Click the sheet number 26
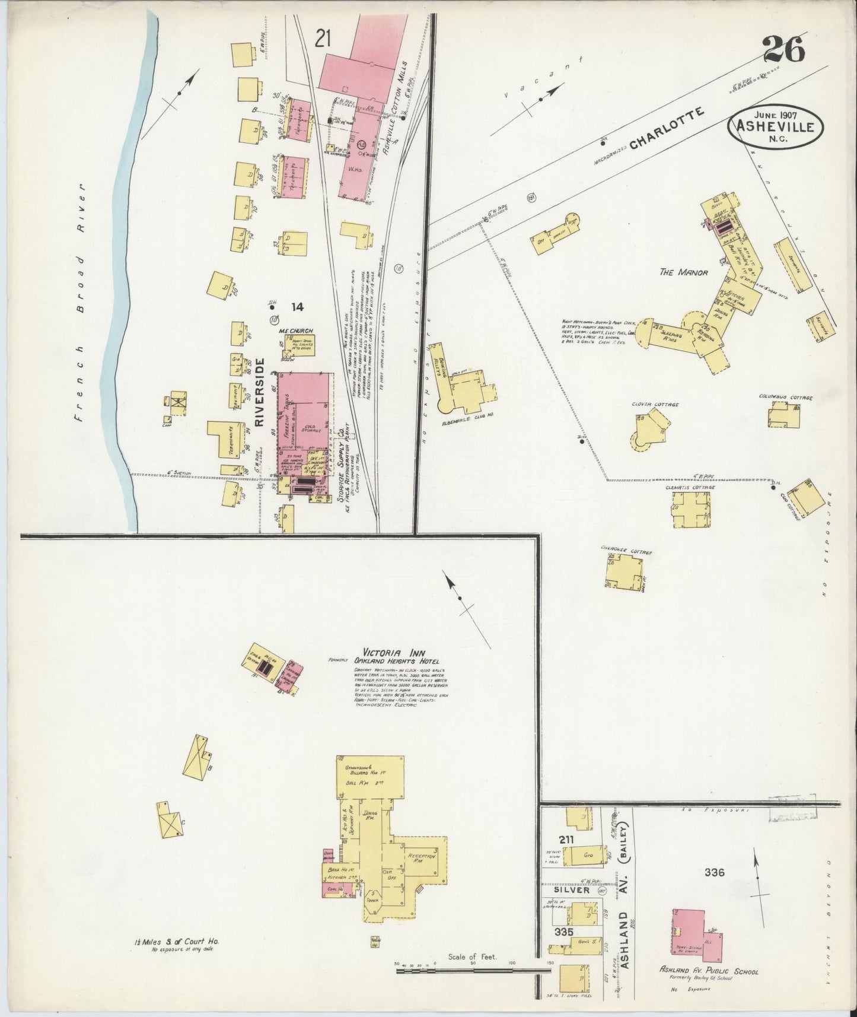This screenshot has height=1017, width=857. [783, 49]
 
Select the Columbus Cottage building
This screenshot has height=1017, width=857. [784, 414]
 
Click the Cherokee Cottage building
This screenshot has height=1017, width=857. [624, 573]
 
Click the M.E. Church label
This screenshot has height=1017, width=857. [300, 330]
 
